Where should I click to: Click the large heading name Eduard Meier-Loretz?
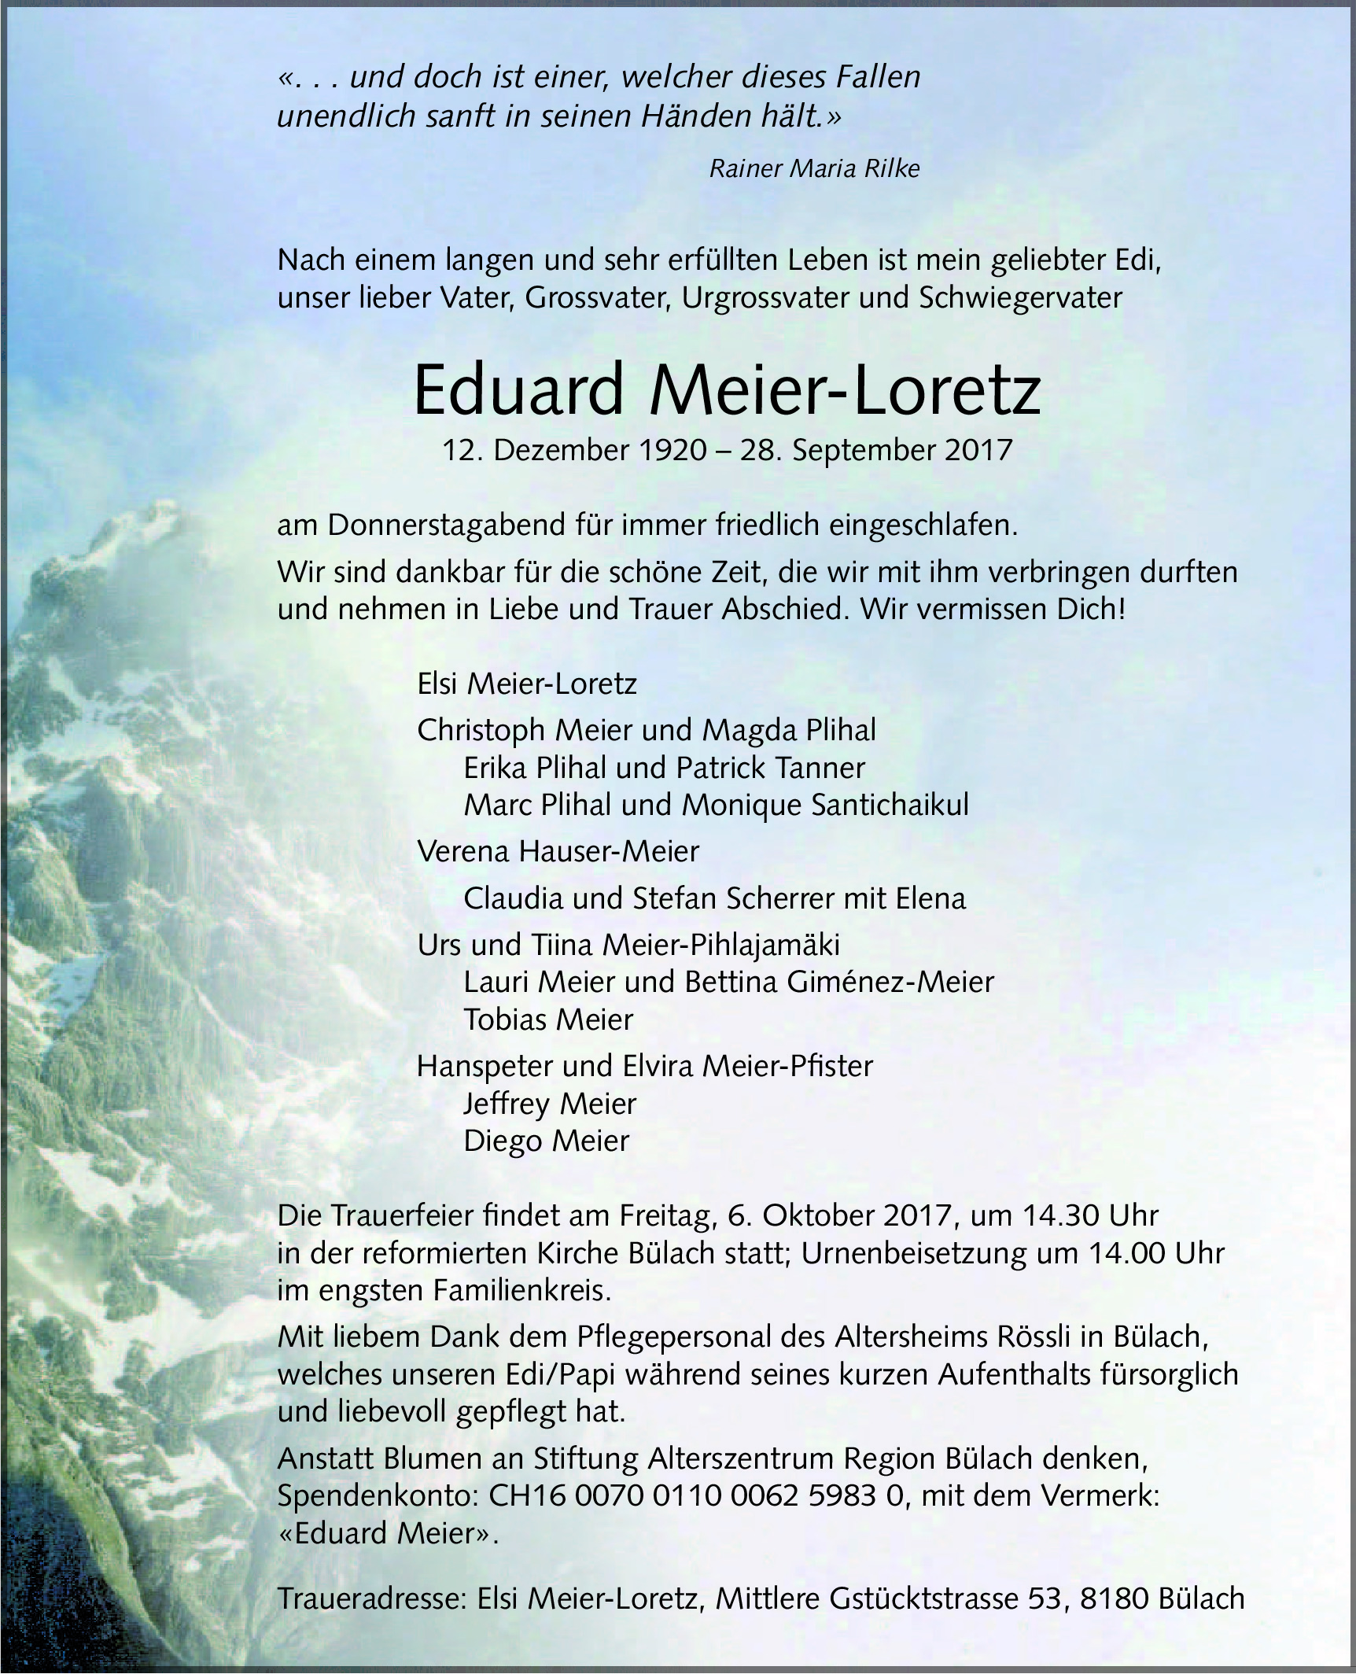coord(727,391)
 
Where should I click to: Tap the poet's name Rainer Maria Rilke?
coord(814,169)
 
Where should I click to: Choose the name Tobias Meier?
coord(548,1020)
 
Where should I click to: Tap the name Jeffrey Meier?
coord(550,1104)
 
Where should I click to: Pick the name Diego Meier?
coord(547,1141)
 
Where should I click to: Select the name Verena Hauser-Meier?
coord(558,851)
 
